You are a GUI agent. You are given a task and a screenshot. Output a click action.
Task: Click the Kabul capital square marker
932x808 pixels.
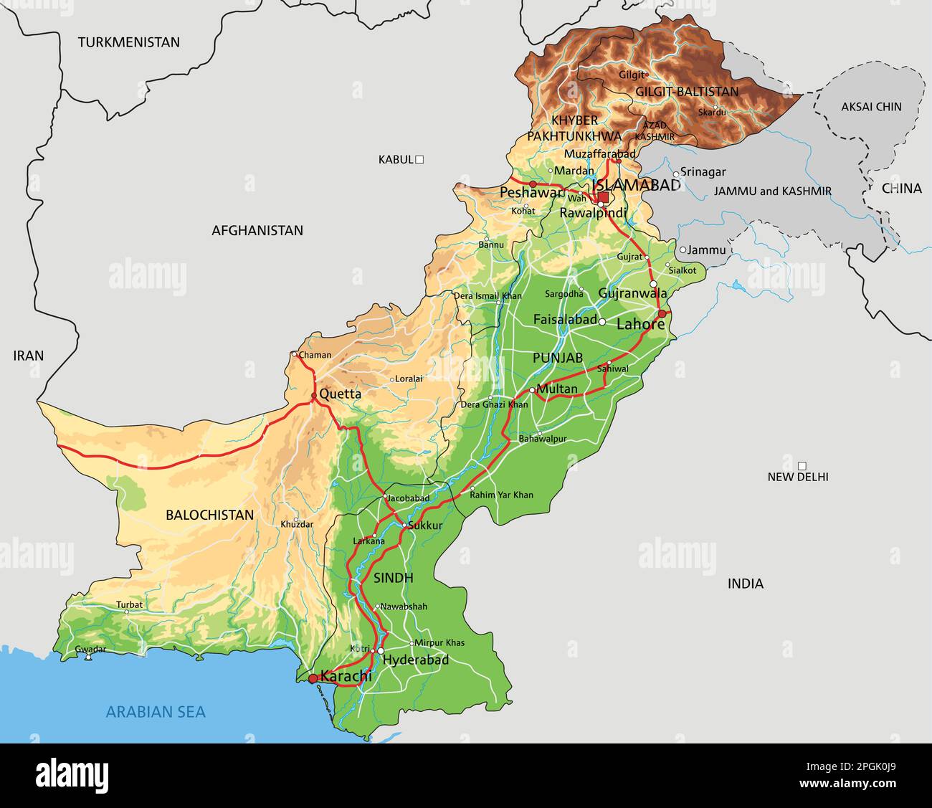coord(420,160)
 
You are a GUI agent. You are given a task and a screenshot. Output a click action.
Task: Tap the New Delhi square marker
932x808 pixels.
coord(802,465)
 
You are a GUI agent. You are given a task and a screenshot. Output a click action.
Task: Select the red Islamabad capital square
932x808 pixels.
coord(603,197)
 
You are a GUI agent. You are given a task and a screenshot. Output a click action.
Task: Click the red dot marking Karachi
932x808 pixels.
coord(313,678)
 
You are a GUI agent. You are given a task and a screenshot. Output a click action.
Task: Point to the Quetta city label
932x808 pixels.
coord(340,394)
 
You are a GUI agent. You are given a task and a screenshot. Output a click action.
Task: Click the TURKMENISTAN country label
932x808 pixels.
coord(129,42)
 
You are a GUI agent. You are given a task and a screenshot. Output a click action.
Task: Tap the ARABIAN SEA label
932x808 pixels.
coord(156,712)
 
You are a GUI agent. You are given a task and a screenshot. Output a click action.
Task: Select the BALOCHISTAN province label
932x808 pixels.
coord(209,515)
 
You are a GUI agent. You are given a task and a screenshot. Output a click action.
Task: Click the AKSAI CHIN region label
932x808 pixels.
coord(871,107)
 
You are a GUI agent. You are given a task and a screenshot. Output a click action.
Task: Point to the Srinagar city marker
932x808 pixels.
coord(675,174)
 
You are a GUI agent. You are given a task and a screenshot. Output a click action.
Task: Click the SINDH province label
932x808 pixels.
coord(393,578)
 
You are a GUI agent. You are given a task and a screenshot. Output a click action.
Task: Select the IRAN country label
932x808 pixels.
coord(29,356)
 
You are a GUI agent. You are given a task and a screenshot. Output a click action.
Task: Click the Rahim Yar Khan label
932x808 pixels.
coord(502,495)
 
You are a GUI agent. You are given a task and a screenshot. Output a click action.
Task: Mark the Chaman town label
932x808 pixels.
coord(315,355)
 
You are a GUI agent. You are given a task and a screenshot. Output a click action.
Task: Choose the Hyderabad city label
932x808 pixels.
coord(416,660)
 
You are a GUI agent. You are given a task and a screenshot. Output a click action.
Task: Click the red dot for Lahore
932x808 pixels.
coord(662,314)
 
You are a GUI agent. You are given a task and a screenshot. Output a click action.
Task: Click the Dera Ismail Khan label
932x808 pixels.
coord(488,295)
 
